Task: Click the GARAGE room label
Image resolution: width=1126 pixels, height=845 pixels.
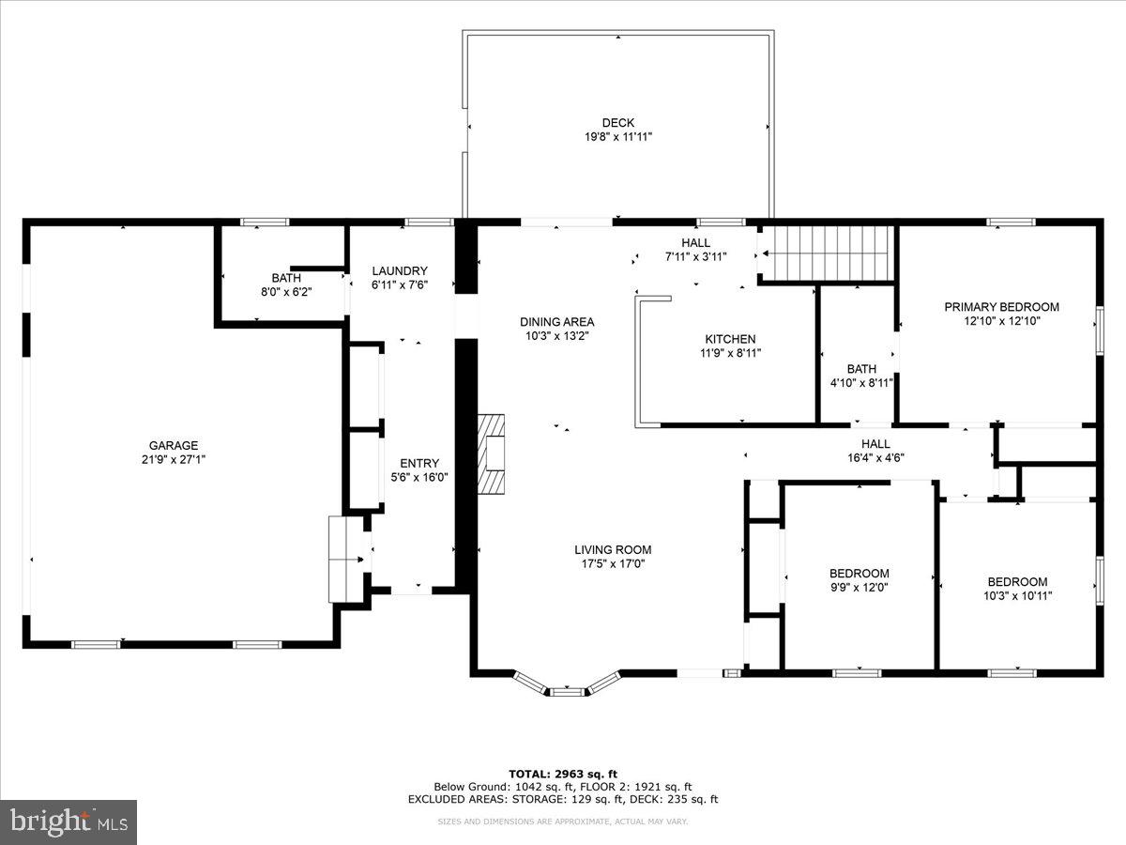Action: [x=174, y=445]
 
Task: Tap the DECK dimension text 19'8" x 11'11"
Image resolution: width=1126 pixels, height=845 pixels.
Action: [x=618, y=137]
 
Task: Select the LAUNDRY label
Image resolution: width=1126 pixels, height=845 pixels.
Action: [x=400, y=270]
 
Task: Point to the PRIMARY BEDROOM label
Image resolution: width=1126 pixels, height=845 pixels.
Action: [x=1001, y=307]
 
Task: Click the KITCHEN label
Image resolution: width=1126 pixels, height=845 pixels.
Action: [x=730, y=339]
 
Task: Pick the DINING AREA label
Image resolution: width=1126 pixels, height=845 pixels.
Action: [x=557, y=322]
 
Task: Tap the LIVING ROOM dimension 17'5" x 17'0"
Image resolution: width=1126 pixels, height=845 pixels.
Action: [x=613, y=564]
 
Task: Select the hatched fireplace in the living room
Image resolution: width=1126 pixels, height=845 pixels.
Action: [x=491, y=453]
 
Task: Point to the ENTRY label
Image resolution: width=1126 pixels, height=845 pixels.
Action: [x=419, y=463]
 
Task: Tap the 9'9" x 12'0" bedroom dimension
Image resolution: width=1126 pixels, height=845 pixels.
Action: [x=859, y=588]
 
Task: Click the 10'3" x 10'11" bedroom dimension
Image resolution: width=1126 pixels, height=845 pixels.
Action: [x=1017, y=595]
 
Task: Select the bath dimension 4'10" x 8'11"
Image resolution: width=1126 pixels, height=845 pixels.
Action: [x=861, y=383]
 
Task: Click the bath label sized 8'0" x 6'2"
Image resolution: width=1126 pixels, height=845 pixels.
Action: [x=286, y=278]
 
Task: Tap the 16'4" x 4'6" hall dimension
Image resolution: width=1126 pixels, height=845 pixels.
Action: [x=875, y=458]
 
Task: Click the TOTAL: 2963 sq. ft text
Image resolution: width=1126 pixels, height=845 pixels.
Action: [x=563, y=774]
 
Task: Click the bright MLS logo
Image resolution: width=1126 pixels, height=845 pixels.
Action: [x=68, y=822]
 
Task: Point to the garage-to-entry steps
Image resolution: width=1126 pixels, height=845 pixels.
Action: [x=345, y=559]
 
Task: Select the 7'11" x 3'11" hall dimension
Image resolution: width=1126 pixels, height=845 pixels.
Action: [x=695, y=256]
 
